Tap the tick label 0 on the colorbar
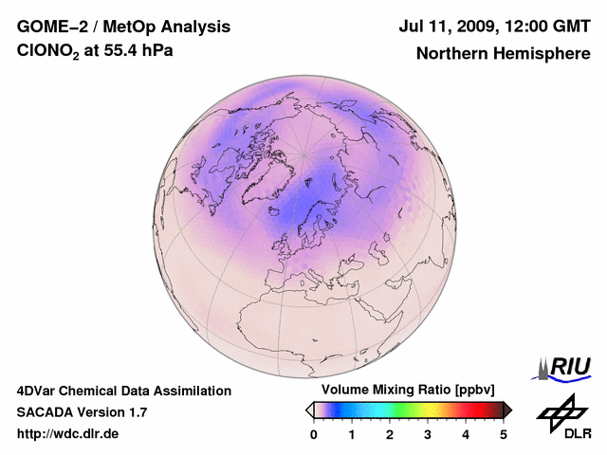(314, 434)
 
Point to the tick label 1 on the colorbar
(352, 434)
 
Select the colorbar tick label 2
(390, 434)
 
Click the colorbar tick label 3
(428, 434)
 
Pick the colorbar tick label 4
(466, 434)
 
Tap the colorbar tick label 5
(504, 434)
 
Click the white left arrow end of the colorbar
(309, 409)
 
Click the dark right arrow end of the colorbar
(508, 409)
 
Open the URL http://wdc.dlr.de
(67, 434)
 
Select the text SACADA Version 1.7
(82, 412)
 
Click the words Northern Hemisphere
(504, 53)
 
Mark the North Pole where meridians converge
(304, 154)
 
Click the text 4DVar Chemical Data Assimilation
(124, 391)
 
